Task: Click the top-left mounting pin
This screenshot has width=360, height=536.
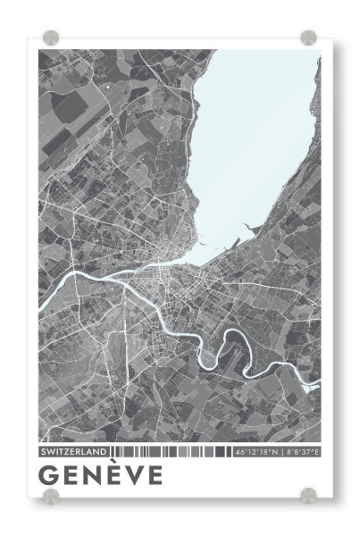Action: coord(51,38)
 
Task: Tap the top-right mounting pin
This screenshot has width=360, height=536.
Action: coord(308,38)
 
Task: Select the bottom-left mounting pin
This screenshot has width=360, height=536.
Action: coord(51,496)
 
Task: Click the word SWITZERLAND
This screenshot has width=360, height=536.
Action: coord(74,452)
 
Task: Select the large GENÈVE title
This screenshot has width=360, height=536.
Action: coord(101,475)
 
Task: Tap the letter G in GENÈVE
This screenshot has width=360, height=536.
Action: coord(50,475)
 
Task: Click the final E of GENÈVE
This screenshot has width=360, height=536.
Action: coord(155,475)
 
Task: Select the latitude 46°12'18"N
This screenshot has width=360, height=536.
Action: coord(256,452)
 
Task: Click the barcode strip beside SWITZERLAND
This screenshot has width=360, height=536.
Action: coord(170,452)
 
